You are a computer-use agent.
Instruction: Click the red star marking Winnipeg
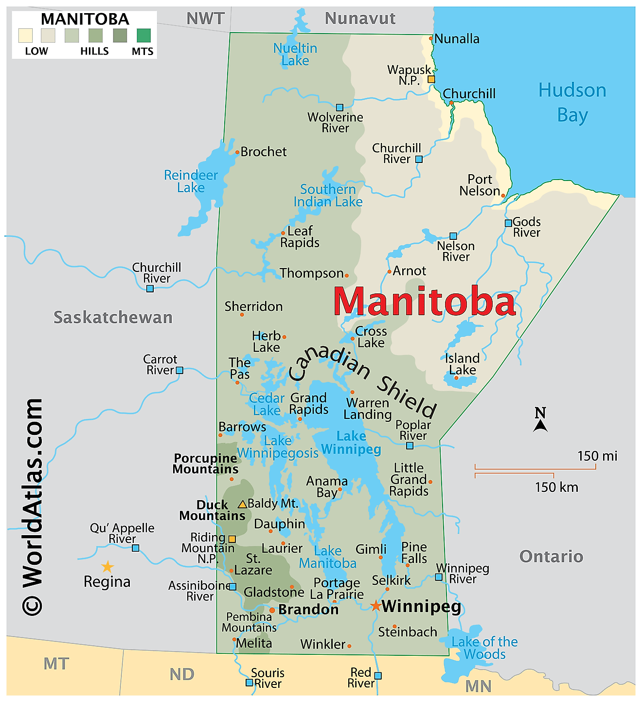tap(375, 606)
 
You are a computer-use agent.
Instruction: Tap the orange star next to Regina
tap(107, 567)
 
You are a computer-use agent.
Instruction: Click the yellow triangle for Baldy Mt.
tap(242, 504)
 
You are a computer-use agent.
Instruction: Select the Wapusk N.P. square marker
tap(431, 79)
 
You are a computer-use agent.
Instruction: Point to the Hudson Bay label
tap(572, 103)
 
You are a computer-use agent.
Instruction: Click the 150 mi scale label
tap(597, 456)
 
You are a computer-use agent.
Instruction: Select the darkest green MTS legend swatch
tap(143, 36)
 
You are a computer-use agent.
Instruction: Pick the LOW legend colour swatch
tap(25, 36)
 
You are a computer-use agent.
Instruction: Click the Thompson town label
tap(312, 273)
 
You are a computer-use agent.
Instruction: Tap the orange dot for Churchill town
tap(451, 103)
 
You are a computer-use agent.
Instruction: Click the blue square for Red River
tap(378, 676)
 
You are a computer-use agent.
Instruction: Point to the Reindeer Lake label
tap(191, 181)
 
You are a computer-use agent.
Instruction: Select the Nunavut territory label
tap(360, 18)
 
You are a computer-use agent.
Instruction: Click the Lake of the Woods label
tap(484, 648)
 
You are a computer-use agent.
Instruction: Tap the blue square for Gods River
tap(508, 223)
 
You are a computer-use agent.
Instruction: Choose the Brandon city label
tap(308, 610)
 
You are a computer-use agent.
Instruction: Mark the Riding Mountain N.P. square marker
tap(232, 539)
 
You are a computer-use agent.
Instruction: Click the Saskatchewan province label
tap(113, 317)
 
